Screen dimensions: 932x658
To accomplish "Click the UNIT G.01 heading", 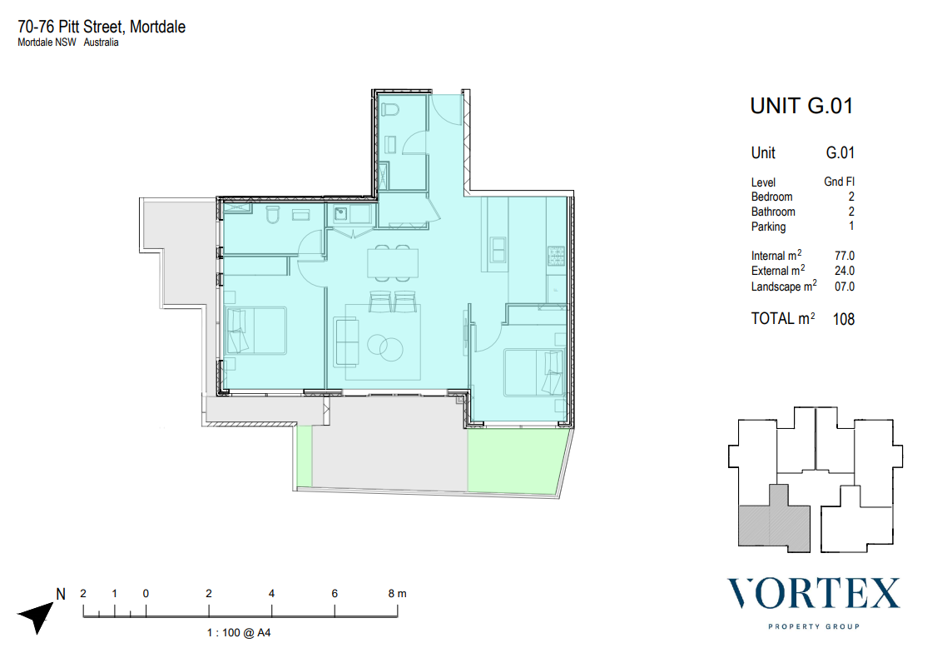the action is pos(801,106).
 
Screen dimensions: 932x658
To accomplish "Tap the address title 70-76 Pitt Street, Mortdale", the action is pos(102,27).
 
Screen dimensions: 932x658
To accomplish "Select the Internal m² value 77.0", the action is pos(844,256).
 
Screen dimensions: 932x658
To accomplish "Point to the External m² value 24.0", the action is pos(844,271).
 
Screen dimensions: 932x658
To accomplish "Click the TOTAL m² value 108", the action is pos(844,320).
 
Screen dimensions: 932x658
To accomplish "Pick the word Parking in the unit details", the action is pos(768,227).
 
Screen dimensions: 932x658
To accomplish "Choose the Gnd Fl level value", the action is pos(839,182).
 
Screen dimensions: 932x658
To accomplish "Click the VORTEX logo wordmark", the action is pos(814,593).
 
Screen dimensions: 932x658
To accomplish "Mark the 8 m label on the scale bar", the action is pos(397,593).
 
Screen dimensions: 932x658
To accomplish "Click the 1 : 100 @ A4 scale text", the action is pos(239,632).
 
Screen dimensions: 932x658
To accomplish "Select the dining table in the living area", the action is pos(392,263).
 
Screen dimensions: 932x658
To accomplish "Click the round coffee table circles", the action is pos(385,346).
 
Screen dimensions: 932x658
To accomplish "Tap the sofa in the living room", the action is pos(346,342).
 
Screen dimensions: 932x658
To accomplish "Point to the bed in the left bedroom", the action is pos(255,331).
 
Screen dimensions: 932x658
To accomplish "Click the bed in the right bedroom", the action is pos(533,372).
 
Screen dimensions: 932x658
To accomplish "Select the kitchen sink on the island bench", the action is pos(498,249).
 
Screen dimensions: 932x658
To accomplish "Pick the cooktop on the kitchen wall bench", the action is pos(557,256).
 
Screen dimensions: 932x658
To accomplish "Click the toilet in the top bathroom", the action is pos(390,109).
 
